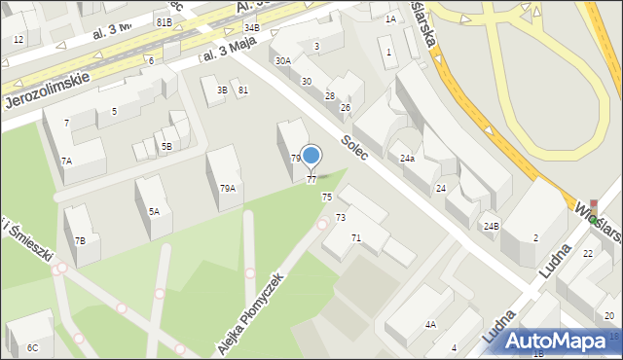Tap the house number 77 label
click(311, 179)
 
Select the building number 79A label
click(227, 189)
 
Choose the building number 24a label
click(407, 158)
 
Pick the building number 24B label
click(491, 227)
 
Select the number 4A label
click(429, 325)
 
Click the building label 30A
click(282, 60)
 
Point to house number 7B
click(81, 240)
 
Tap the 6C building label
click(33, 347)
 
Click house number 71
click(356, 238)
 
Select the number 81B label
click(164, 21)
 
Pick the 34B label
click(251, 28)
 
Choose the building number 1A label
click(390, 18)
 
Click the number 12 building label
click(18, 40)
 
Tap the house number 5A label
click(154, 211)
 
